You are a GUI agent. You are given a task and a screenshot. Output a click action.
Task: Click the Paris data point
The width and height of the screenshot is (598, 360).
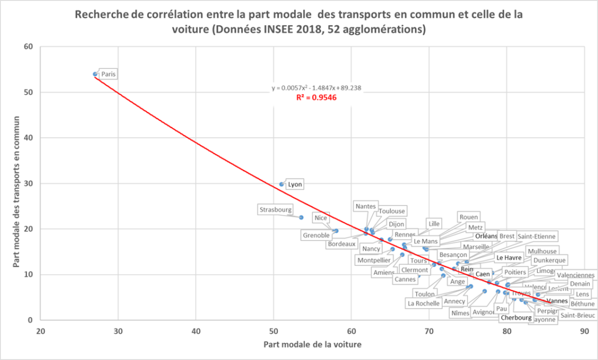click(x=95, y=74)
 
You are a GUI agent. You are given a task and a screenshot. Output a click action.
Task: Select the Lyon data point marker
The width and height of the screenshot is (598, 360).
click(x=281, y=184)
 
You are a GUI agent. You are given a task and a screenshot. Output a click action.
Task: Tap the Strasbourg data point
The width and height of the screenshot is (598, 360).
click(x=301, y=217)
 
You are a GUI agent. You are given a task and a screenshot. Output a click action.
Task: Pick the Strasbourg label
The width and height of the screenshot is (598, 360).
click(x=276, y=209)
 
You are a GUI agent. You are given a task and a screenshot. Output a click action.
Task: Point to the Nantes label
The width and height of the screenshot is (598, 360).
click(x=366, y=206)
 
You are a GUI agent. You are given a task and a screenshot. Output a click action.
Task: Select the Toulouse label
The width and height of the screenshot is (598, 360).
click(x=392, y=211)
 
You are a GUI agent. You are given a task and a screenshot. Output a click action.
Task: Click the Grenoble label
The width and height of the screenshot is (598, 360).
click(x=317, y=236)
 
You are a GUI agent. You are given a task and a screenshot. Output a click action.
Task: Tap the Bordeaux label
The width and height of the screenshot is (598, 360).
click(x=342, y=244)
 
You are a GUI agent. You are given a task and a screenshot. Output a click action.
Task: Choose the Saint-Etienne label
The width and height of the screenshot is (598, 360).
click(x=537, y=236)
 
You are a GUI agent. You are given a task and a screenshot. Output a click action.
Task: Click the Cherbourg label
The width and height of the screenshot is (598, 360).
click(x=516, y=318)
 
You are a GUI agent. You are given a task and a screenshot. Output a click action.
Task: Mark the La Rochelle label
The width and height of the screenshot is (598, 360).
click(x=423, y=303)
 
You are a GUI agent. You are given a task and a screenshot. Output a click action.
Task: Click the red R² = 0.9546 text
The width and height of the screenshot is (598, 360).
click(x=316, y=98)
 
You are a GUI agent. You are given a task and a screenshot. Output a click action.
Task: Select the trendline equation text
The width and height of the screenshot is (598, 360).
click(x=316, y=88)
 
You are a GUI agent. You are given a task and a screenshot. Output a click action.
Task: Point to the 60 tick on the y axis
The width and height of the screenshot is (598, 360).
click(x=28, y=47)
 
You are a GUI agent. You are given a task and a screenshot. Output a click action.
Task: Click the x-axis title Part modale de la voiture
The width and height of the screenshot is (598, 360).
click(x=312, y=345)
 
